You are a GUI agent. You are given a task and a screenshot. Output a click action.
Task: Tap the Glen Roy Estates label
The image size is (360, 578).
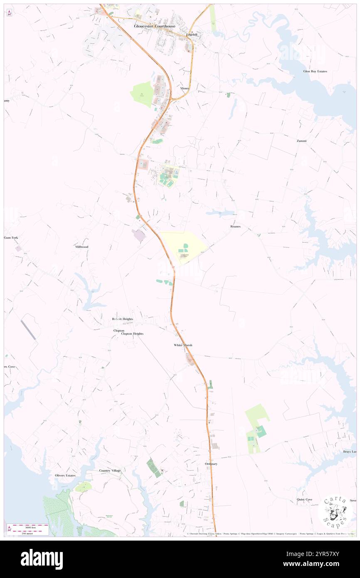(315, 71)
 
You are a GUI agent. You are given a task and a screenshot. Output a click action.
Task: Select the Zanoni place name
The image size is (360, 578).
(301, 141)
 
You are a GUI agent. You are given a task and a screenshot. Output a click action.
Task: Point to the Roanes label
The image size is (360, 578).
(235, 226)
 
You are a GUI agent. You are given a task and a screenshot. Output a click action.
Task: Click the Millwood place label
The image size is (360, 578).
(81, 247)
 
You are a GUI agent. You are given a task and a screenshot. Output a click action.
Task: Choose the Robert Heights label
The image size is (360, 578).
(122, 319)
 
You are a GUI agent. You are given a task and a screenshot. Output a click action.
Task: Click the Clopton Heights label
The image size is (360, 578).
(132, 333)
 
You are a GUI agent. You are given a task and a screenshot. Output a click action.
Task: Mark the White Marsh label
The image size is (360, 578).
(183, 345)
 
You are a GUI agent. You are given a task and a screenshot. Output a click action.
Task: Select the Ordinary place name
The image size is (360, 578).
(211, 464)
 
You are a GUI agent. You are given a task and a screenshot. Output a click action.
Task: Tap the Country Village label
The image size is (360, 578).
(110, 470)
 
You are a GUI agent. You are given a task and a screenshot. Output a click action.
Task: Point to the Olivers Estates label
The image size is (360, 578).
(65, 475)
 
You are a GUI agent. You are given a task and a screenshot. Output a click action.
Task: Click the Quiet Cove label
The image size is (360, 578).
(304, 499)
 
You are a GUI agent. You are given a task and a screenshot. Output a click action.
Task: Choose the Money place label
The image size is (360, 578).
(185, 88)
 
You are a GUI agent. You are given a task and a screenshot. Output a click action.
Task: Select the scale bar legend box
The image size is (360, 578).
(28, 529)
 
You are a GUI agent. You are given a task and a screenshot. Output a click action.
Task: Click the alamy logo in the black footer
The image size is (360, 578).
(42, 559)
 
